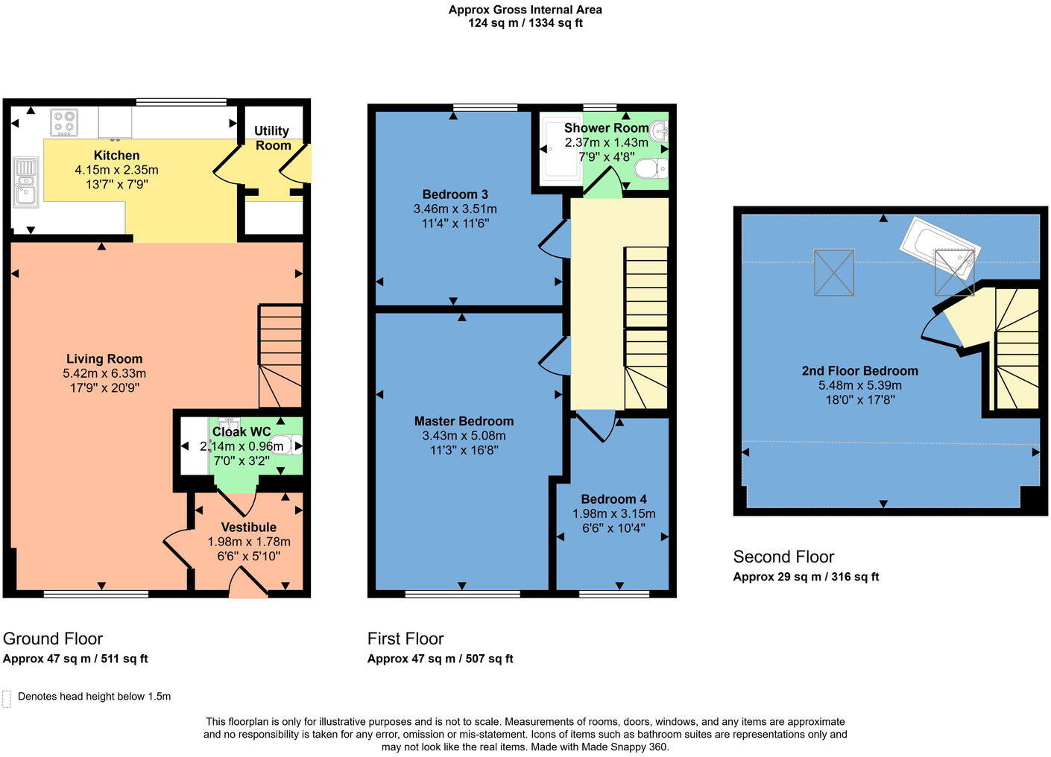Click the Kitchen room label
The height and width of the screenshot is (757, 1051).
pyautogui.click(x=116, y=156)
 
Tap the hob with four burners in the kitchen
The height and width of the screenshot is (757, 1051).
pyautogui.click(x=64, y=123)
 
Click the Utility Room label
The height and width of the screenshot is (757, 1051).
pyautogui.click(x=272, y=138)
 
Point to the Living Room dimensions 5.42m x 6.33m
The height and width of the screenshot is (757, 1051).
pyautogui.click(x=104, y=373)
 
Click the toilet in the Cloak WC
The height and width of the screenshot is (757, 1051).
pyautogui.click(x=285, y=446)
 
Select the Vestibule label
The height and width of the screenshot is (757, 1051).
pyautogui.click(x=249, y=527)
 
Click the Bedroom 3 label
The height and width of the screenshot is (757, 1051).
pyautogui.click(x=455, y=194)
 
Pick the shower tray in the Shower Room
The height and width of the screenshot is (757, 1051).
pyautogui.click(x=560, y=149)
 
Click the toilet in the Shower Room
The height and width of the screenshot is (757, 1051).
pyautogui.click(x=651, y=169)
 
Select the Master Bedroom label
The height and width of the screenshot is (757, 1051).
pyautogui.click(x=464, y=421)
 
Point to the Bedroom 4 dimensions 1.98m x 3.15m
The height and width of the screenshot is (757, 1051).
pyautogui.click(x=613, y=513)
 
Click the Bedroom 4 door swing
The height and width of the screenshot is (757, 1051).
pyautogui.click(x=596, y=426)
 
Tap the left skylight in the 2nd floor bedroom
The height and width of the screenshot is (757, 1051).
pyautogui.click(x=833, y=273)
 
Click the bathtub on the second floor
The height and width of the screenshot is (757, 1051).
pyautogui.click(x=936, y=247)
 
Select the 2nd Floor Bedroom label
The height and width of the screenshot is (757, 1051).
pyautogui.click(x=859, y=370)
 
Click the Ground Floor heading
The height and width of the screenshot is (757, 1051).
pyautogui.click(x=53, y=639)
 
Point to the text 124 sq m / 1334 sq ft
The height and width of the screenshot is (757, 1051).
pyautogui.click(x=525, y=23)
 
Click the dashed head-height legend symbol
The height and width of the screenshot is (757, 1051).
pyautogui.click(x=7, y=698)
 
